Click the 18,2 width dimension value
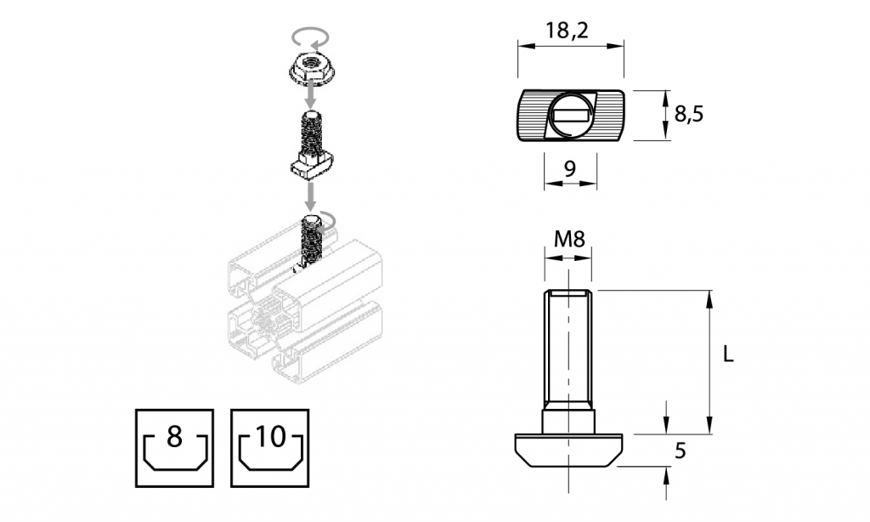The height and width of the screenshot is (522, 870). (566, 30)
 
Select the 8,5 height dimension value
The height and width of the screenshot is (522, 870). (688, 113)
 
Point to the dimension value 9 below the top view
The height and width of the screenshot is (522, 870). (570, 168)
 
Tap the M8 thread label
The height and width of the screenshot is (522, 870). (570, 240)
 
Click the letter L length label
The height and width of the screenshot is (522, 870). (728, 354)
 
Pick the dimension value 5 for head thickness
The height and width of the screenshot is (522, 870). (681, 451)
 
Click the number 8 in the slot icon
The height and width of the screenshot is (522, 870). (174, 436)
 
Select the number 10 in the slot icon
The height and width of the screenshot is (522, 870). (270, 436)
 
